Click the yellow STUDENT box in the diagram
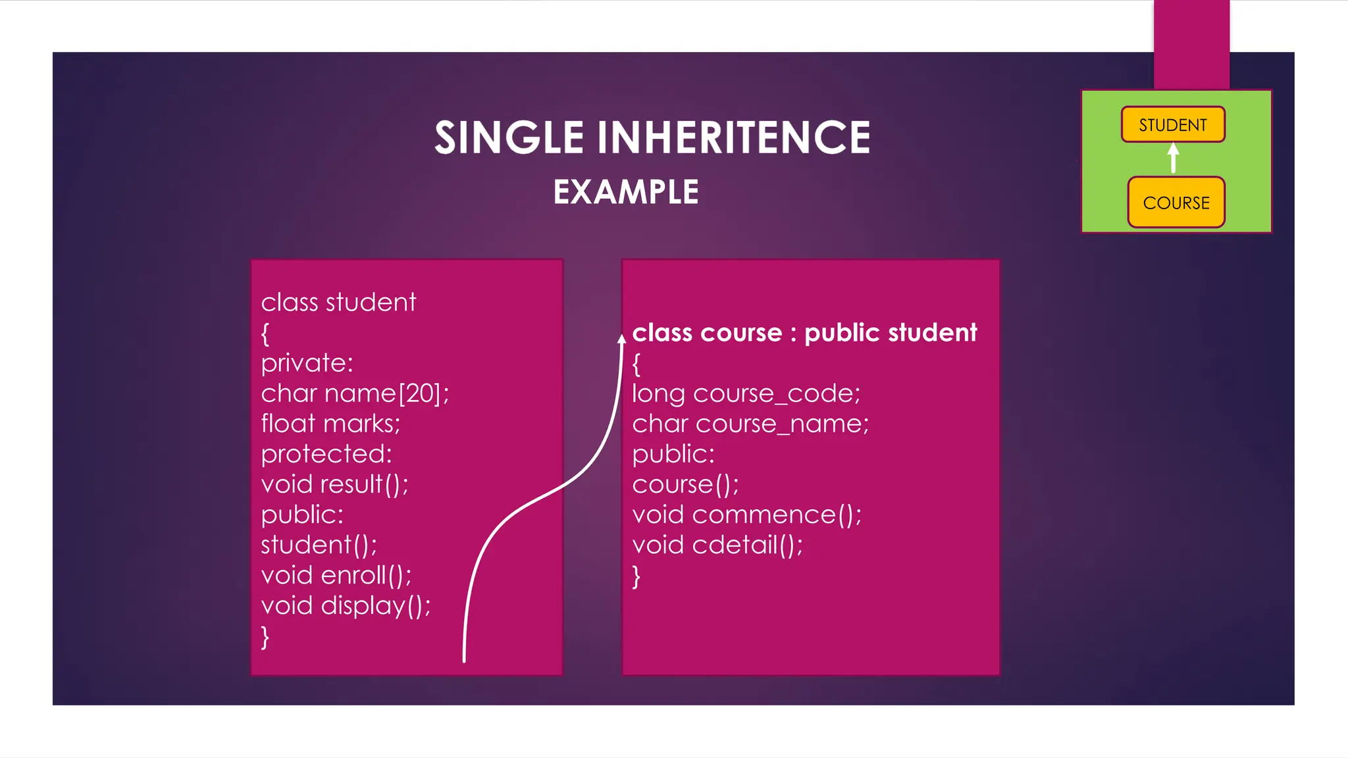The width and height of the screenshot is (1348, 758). (1173, 124)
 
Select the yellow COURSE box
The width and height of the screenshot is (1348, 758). (1176, 202)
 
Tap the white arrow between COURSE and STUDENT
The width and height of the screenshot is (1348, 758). (1173, 159)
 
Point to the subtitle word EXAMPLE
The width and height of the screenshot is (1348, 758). (625, 192)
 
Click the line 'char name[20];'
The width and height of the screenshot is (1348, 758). (355, 393)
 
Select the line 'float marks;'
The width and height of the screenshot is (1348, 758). (330, 424)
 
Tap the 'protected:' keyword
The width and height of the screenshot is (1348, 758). (326, 454)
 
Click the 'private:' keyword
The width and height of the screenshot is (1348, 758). (307, 363)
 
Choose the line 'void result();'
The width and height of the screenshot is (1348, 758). (334, 484)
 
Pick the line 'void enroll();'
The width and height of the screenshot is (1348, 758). (336, 576)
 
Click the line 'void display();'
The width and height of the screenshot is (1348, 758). (346, 606)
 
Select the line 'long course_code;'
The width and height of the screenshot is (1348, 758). (746, 393)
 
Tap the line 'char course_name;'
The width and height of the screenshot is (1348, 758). (750, 424)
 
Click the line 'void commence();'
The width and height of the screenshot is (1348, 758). (746, 515)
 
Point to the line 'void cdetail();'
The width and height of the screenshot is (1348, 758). (717, 545)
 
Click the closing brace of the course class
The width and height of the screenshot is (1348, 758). (636, 576)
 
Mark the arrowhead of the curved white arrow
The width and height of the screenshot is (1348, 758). (621, 340)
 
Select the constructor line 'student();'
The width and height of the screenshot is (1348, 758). (319, 545)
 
